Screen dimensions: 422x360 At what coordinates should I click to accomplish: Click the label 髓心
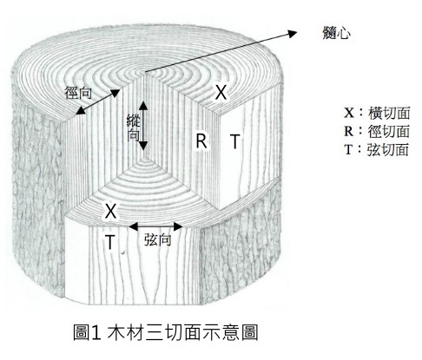point(336,32)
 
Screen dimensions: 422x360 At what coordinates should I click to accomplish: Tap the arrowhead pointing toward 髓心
point(293,33)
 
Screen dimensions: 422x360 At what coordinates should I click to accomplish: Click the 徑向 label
point(78,93)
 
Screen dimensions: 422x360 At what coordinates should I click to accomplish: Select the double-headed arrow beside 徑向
point(98,102)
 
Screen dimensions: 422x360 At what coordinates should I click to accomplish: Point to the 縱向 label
point(134,128)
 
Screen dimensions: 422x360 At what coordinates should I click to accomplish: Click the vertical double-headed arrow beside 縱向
point(143,126)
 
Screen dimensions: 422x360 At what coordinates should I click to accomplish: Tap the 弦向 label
point(158,239)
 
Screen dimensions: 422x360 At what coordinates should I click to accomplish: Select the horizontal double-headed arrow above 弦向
point(155,226)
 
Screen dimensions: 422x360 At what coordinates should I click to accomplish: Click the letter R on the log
point(201,141)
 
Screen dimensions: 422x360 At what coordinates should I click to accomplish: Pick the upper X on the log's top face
point(221,92)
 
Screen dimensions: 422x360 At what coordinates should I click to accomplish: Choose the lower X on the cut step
point(110,211)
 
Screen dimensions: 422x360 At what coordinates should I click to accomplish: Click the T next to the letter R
point(235,141)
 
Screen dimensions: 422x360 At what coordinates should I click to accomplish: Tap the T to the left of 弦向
point(110,242)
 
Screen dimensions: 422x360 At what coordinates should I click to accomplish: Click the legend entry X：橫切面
point(377,113)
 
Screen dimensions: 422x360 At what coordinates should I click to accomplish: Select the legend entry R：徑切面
point(377,131)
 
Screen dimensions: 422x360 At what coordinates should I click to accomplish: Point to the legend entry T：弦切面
point(377,149)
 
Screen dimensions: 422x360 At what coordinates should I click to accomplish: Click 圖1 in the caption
point(87,332)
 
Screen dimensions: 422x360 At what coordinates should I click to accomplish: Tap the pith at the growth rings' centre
point(144,72)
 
